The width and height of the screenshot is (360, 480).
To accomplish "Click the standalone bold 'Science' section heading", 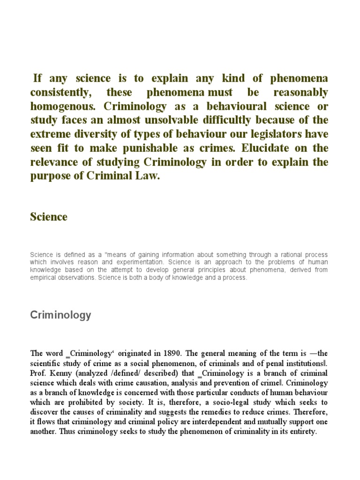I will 49,217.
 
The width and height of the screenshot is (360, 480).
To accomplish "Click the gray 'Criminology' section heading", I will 60,315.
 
